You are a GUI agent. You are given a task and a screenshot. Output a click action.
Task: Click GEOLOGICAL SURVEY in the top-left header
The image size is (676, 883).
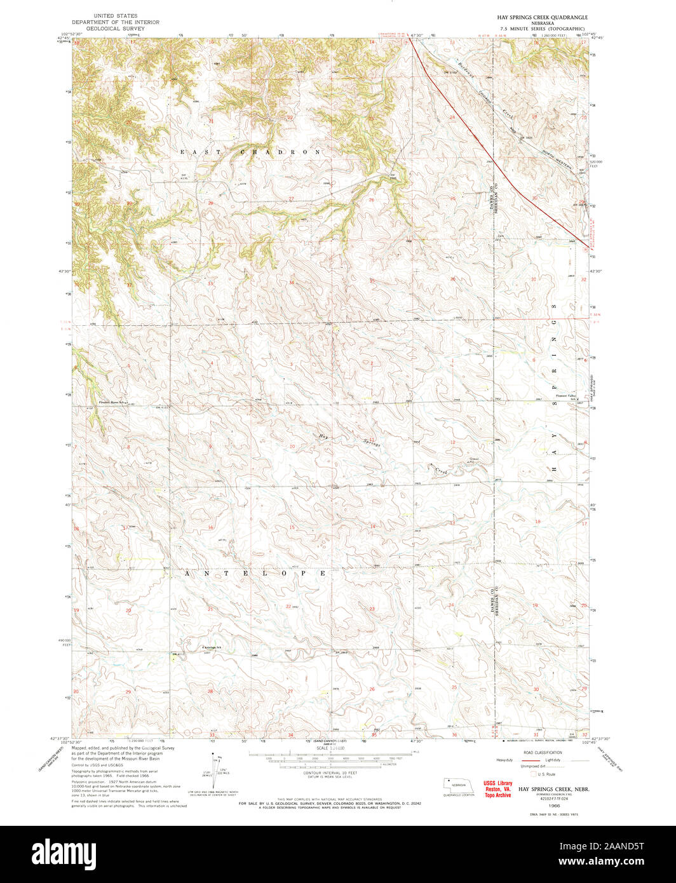[116, 29]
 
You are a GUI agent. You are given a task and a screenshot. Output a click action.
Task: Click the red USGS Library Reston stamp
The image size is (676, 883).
[497, 789]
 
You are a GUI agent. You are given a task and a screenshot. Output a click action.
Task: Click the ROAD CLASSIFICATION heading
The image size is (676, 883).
[543, 752]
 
